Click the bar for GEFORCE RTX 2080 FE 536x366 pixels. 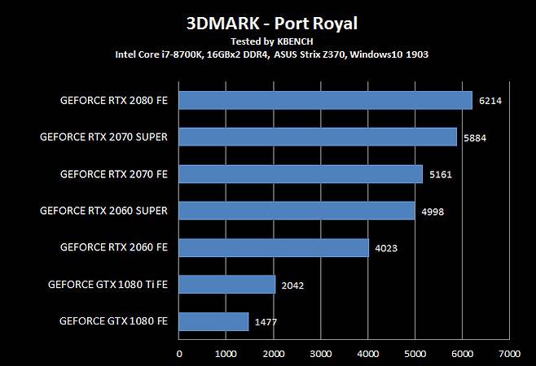pos(325,100)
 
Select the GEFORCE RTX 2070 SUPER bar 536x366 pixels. pos(318,137)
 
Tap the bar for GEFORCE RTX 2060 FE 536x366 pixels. pos(273,247)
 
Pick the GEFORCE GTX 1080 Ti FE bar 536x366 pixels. pos(226,284)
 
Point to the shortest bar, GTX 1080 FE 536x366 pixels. pos(213,321)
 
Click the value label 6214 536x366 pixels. pos(490,101)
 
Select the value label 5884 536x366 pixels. pos(475,138)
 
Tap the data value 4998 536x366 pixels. pos(433,211)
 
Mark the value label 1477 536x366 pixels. pos(266,322)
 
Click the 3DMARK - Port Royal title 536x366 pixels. pos(267,22)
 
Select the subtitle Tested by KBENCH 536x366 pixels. pos(267,41)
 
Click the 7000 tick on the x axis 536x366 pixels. pos(509,354)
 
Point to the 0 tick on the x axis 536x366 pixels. pos(179,354)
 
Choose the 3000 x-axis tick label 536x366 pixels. pos(320,354)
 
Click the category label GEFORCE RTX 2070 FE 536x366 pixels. pos(113,174)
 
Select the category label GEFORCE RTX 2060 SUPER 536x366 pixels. pos(103,211)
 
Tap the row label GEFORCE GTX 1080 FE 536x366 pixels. pos(113,320)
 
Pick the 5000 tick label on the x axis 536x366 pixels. pos(415,354)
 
